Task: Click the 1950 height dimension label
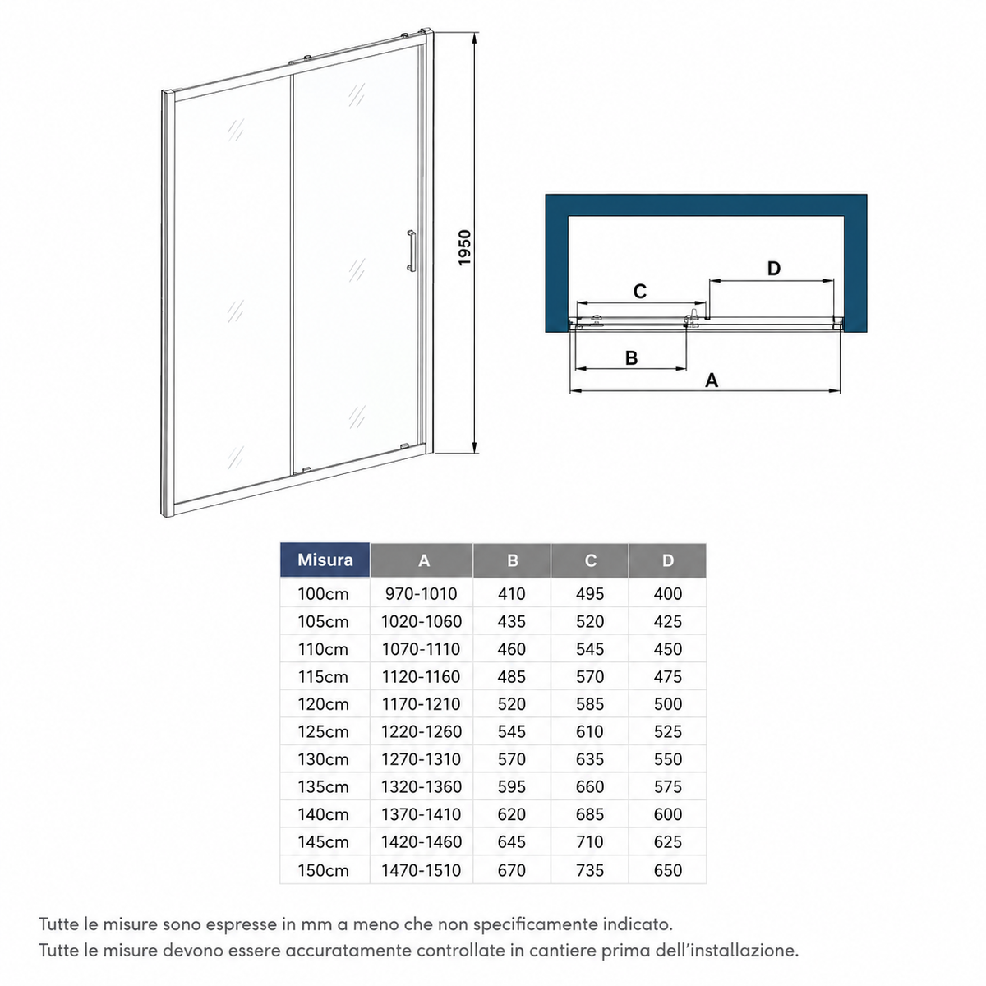[464, 248]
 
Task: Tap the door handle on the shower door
[410, 251]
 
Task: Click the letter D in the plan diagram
[774, 268]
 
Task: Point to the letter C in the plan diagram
[639, 291]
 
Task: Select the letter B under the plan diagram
[631, 357]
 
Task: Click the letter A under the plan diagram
[712, 380]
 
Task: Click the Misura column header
[325, 560]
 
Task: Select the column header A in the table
[424, 561]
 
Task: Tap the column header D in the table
[668, 561]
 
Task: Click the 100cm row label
[323, 594]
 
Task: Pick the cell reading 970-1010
[422, 593]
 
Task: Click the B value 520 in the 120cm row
[512, 704]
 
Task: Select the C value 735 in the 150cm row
[590, 870]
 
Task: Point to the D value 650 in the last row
[668, 870]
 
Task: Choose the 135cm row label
[323, 787]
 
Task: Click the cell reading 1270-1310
[422, 759]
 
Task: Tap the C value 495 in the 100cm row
[590, 593]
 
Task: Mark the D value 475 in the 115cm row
[668, 676]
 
